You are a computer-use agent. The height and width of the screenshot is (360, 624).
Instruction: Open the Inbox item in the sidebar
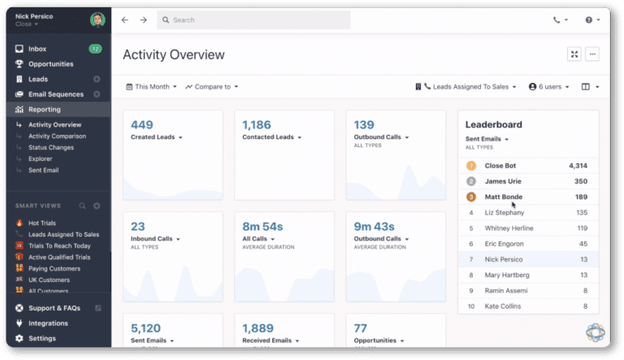tap(37, 50)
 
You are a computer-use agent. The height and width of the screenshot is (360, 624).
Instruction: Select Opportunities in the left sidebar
tap(50, 64)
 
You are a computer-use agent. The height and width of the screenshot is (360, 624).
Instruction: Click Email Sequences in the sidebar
tap(55, 94)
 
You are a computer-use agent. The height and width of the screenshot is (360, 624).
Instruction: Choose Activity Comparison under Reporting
tap(57, 137)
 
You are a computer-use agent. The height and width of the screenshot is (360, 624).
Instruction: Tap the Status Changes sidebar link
tap(51, 148)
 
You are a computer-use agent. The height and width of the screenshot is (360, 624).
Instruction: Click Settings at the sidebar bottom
tap(42, 338)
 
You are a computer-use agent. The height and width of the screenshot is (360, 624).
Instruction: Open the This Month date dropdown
tap(152, 87)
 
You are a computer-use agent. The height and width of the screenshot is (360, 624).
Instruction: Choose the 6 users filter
tap(548, 87)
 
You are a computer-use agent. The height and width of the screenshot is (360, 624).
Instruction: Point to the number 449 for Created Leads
tap(142, 124)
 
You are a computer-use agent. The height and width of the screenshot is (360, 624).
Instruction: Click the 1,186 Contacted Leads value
tap(257, 124)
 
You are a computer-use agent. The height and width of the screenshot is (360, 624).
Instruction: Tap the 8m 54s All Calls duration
tap(262, 226)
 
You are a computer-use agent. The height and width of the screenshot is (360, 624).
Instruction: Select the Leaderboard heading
tap(493, 124)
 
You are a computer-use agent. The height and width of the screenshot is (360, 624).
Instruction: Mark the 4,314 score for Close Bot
tap(574, 166)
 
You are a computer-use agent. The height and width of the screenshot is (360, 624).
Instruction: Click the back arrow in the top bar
tap(125, 20)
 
